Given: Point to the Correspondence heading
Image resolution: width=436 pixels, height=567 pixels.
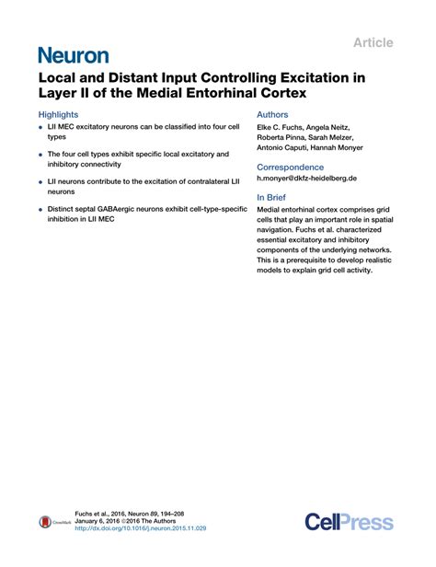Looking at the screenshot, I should pyautogui.click(x=290, y=168).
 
